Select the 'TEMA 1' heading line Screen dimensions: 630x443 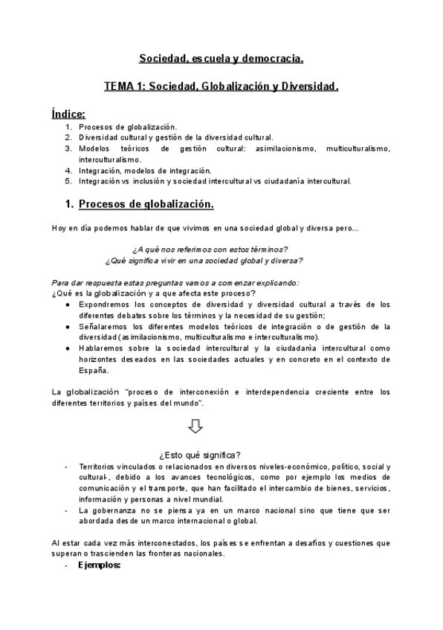click(221, 87)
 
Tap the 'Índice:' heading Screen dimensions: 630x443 click(68, 114)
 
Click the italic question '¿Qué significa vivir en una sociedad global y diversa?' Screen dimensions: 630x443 click(204, 260)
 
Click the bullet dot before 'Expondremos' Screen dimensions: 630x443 click(68, 304)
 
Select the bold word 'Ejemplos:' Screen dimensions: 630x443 click(100, 565)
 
